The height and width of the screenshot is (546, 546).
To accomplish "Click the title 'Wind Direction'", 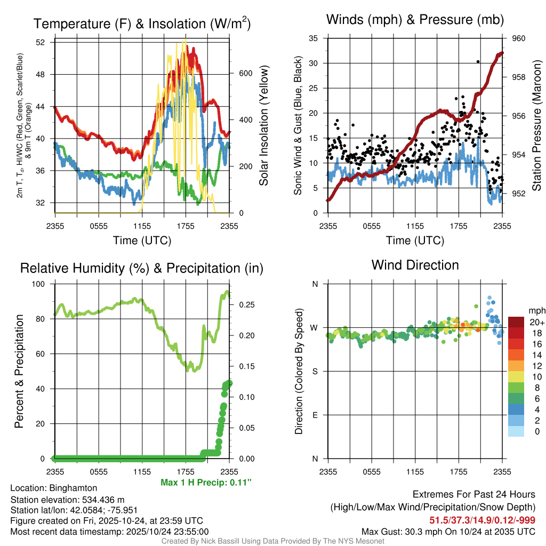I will click(x=415, y=265).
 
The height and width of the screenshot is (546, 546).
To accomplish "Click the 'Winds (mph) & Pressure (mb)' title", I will click(x=415, y=20).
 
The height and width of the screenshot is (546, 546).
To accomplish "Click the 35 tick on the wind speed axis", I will click(x=314, y=38).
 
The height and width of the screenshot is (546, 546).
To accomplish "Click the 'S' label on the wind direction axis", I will click(x=315, y=371).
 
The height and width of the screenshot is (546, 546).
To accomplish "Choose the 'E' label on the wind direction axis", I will click(x=315, y=415).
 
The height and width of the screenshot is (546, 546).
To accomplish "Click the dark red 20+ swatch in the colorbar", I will click(x=516, y=322).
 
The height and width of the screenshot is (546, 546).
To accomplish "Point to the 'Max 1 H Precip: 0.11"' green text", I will click(x=206, y=483).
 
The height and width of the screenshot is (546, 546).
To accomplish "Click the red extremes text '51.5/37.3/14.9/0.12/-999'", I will click(x=482, y=520).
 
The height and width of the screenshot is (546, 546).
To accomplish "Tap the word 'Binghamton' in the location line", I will click(x=73, y=488).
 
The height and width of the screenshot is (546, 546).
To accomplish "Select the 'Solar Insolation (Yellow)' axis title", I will click(x=263, y=126).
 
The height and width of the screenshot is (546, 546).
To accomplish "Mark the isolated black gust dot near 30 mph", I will click(x=478, y=62).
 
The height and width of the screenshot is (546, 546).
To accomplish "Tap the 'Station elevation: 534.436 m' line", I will click(x=67, y=499).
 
